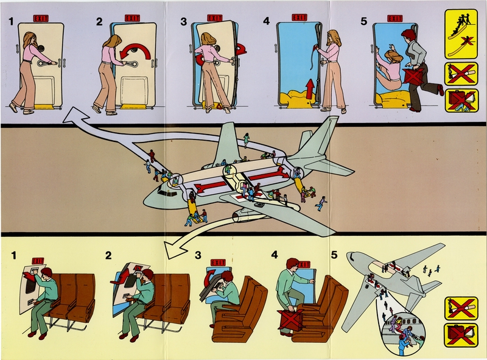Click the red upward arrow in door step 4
(310, 89)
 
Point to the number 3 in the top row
(184, 23)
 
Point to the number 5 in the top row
(364, 23)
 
